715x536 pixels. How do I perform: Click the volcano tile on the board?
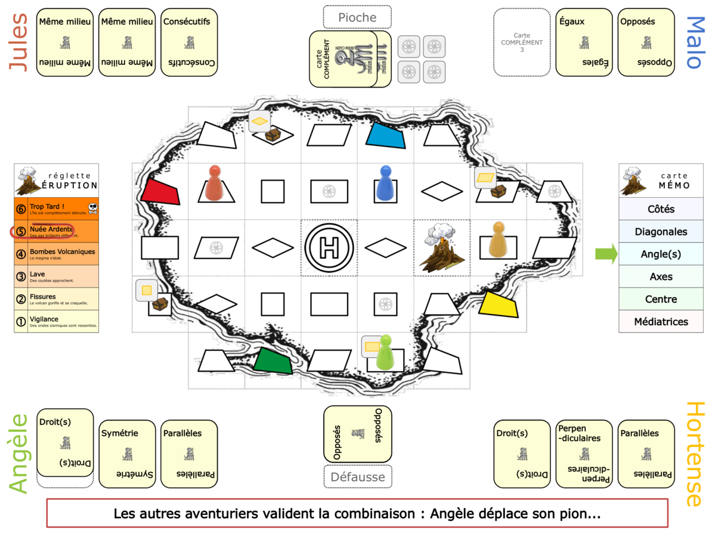tap(442, 247)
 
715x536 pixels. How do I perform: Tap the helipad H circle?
tap(329, 247)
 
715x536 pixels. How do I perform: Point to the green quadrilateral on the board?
tap(273, 360)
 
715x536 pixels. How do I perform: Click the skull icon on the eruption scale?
tap(92, 208)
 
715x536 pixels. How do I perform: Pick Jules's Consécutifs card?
tap(189, 42)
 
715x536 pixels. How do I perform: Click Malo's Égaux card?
tap(584, 42)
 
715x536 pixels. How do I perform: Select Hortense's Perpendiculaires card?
tap(584, 454)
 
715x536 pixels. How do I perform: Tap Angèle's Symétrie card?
tap(127, 454)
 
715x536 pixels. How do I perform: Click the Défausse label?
tap(357, 476)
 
